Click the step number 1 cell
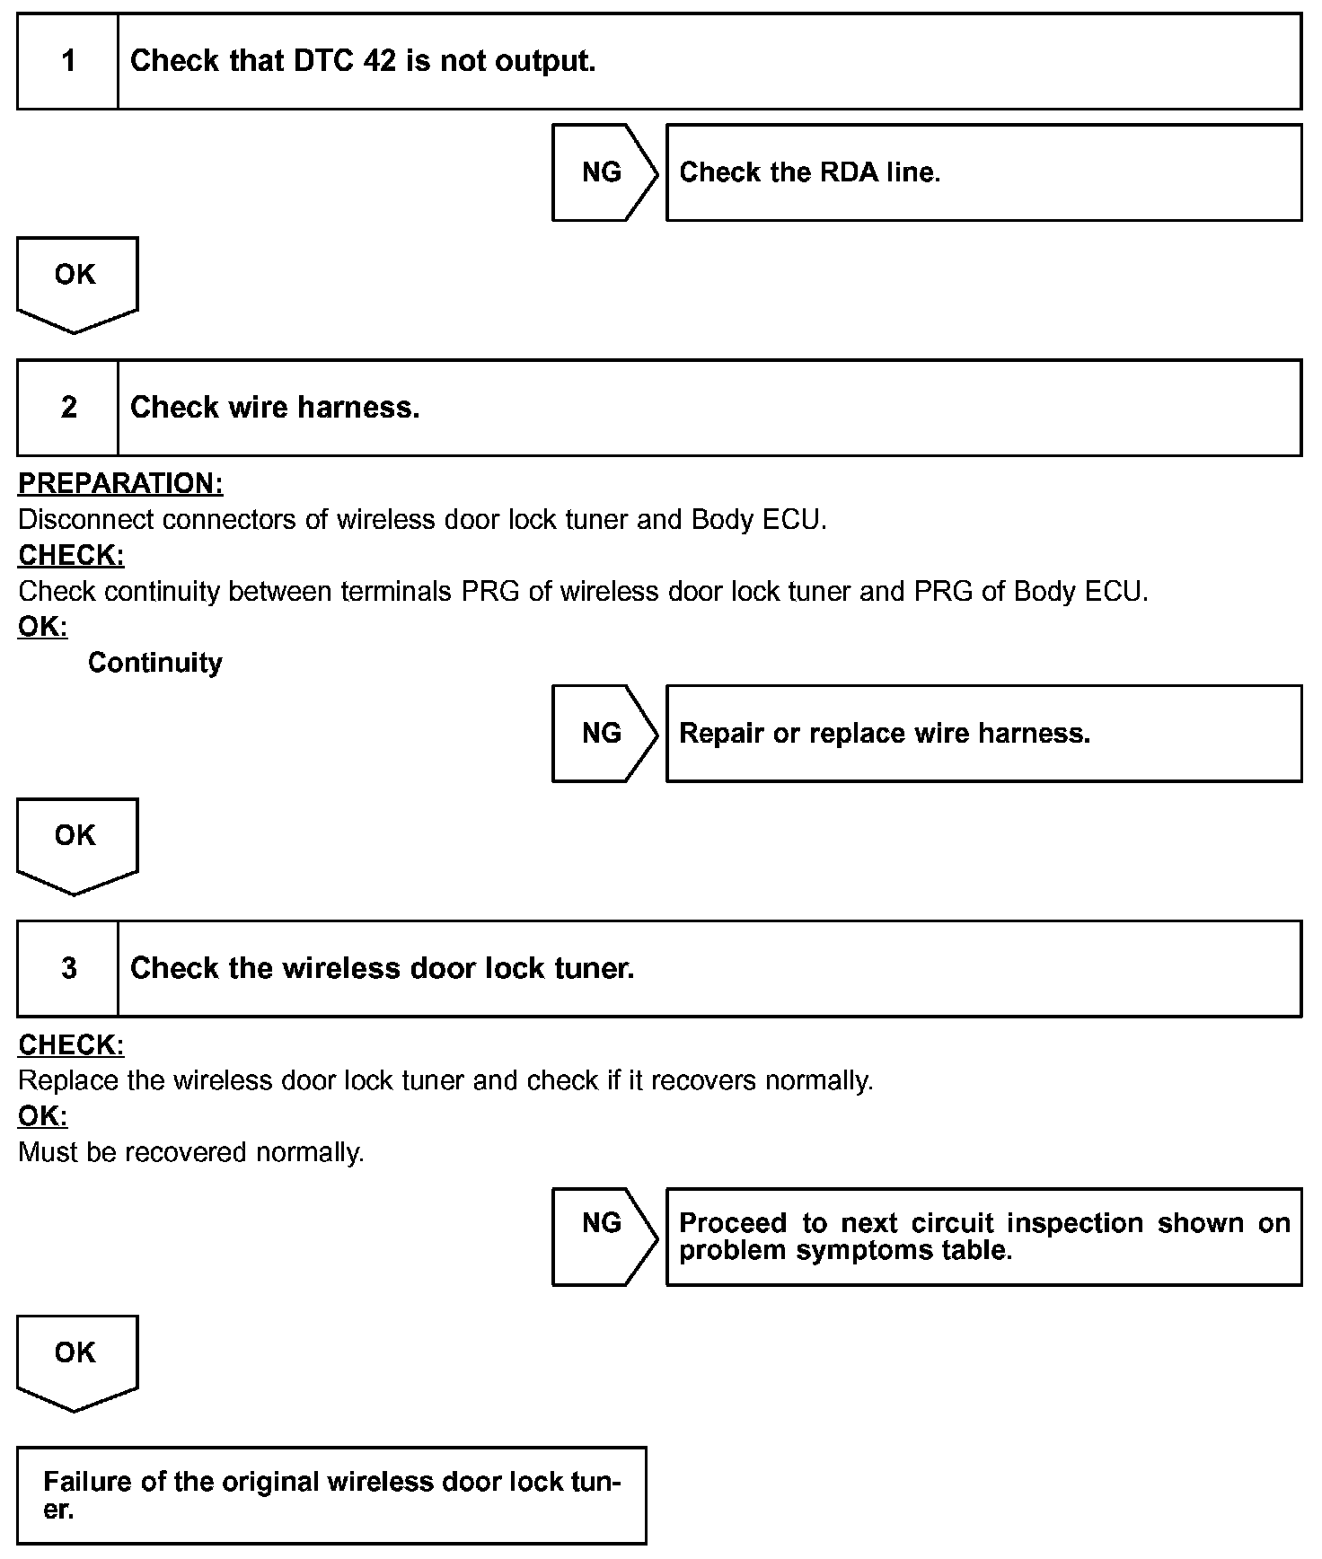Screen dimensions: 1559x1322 point(68,61)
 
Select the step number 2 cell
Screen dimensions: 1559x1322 point(68,408)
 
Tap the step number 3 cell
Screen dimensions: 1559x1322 point(68,968)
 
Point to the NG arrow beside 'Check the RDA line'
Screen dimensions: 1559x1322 point(603,172)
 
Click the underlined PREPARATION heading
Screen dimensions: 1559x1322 point(120,483)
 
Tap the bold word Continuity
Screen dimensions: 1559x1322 point(154,663)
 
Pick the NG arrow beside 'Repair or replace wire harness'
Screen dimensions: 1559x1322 point(603,734)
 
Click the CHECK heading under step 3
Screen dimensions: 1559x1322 point(71,1045)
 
